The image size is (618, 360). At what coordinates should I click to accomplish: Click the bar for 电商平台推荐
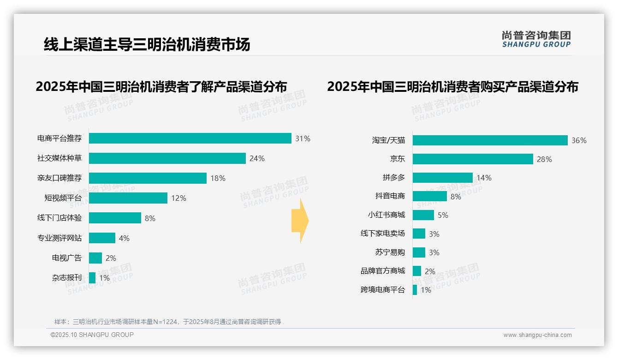(x=190, y=138)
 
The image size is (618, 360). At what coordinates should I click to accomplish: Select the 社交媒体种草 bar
(x=167, y=158)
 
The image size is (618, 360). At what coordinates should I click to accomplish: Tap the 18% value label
(x=218, y=178)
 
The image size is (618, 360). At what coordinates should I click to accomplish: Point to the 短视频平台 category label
(x=63, y=198)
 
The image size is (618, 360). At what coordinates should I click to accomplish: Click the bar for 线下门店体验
(x=115, y=218)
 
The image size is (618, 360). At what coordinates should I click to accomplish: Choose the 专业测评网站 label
(x=59, y=238)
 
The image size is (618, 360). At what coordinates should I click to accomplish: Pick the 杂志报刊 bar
(x=92, y=278)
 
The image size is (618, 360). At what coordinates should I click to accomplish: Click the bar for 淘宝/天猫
(x=490, y=140)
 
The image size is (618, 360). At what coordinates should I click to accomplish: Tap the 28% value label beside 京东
(x=544, y=159)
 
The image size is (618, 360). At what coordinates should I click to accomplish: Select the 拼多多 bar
(x=442, y=178)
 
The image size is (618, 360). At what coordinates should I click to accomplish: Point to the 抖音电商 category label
(x=390, y=196)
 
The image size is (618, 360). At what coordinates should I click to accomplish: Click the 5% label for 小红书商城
(x=443, y=215)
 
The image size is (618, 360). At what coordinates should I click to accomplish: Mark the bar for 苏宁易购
(x=419, y=252)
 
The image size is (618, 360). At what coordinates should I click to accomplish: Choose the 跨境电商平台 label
(x=383, y=290)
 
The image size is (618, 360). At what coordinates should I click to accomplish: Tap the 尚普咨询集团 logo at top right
(x=536, y=39)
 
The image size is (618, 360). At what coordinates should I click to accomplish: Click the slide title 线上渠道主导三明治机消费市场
(x=147, y=44)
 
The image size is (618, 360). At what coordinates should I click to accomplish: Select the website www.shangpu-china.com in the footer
(x=537, y=335)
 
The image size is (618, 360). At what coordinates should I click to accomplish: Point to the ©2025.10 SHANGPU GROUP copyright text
(x=92, y=335)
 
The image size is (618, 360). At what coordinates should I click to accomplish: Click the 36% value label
(x=579, y=140)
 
